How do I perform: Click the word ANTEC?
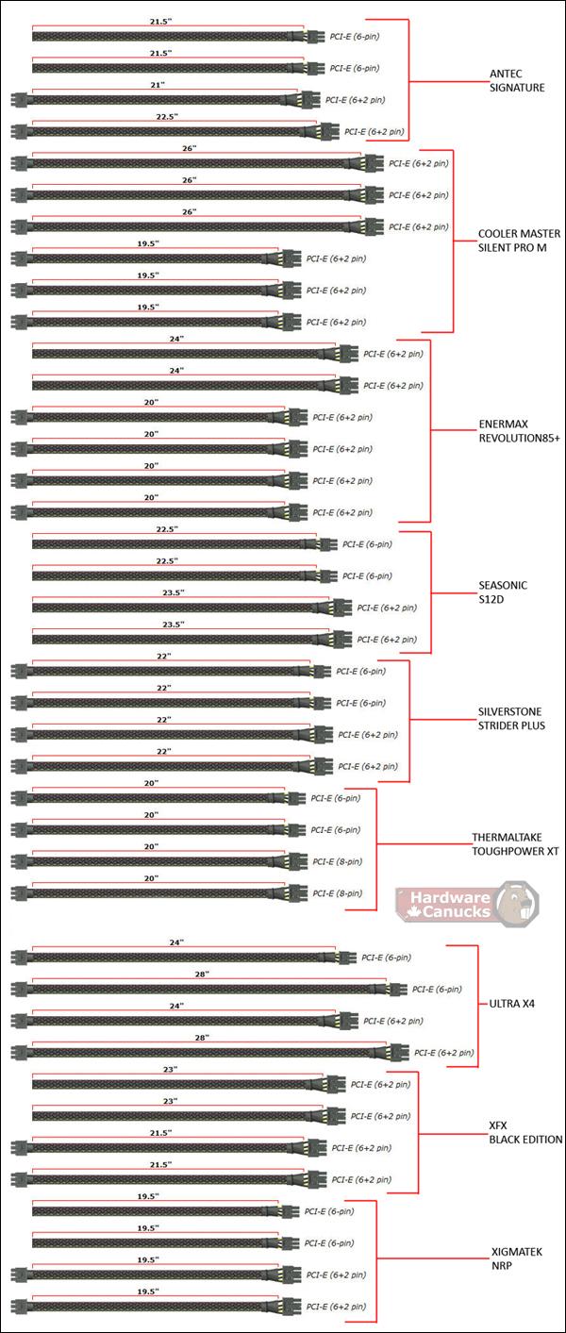[x=506, y=74]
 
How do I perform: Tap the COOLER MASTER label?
[x=519, y=234]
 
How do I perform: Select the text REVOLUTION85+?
[x=520, y=439]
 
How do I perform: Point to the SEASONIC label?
[x=503, y=585]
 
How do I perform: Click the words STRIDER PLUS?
[x=511, y=725]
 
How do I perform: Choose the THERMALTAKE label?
[x=508, y=837]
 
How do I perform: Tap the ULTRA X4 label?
[x=512, y=1004]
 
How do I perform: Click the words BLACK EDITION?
[x=525, y=1139]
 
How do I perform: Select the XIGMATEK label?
[x=517, y=1252]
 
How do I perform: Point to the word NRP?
[x=501, y=1266]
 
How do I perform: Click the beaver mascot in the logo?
[x=517, y=904]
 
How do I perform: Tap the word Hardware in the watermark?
[x=450, y=897]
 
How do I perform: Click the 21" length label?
[x=158, y=85]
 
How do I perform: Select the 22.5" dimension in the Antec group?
[x=167, y=117]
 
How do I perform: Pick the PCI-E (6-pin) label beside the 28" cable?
[x=437, y=989]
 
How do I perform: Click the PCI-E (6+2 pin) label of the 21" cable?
[x=355, y=100]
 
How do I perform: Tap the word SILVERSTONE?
[x=510, y=711]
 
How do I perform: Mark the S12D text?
[x=491, y=599]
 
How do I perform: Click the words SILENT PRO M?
[x=512, y=247]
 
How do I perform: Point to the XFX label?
[x=498, y=1125]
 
